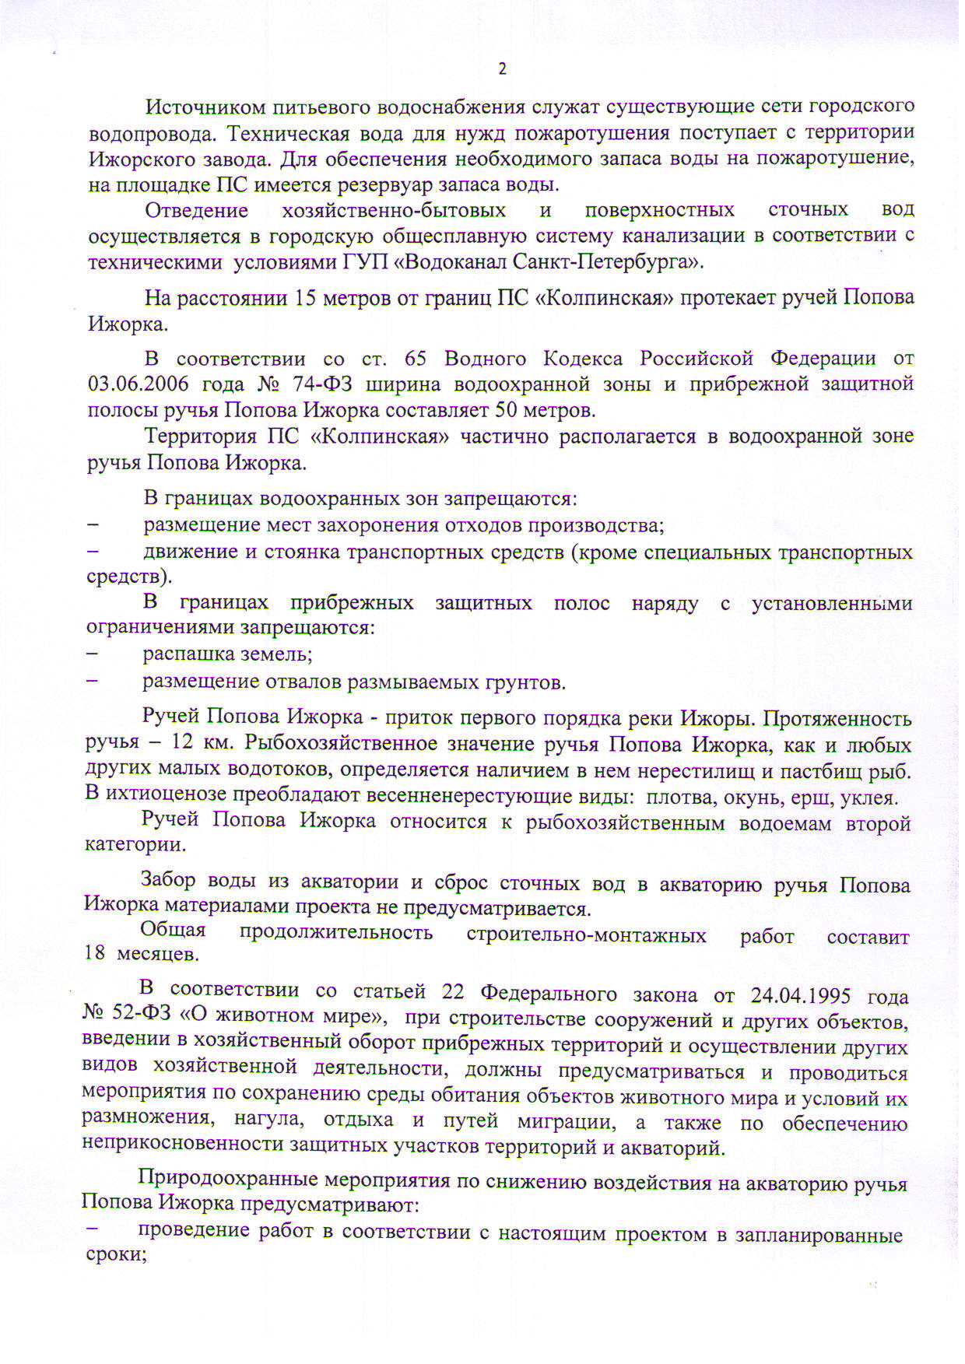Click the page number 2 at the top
tap(502, 69)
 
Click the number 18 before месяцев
tap(94, 953)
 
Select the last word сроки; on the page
tap(115, 1255)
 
